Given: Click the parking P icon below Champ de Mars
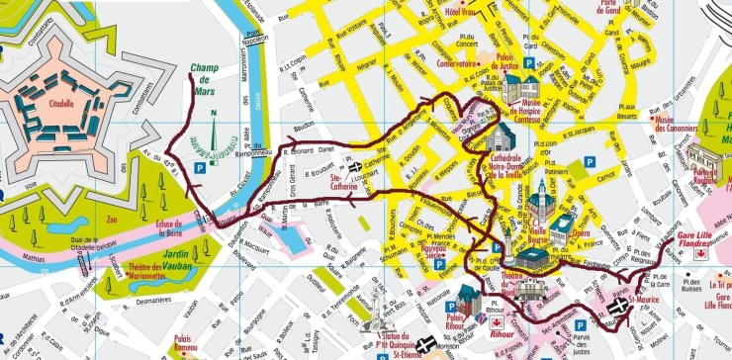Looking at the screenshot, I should tap(200, 169).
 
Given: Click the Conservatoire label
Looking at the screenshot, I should tap(456, 63).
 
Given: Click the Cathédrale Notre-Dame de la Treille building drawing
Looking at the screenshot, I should tap(498, 136).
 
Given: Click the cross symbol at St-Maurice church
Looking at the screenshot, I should tap(617, 309).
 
